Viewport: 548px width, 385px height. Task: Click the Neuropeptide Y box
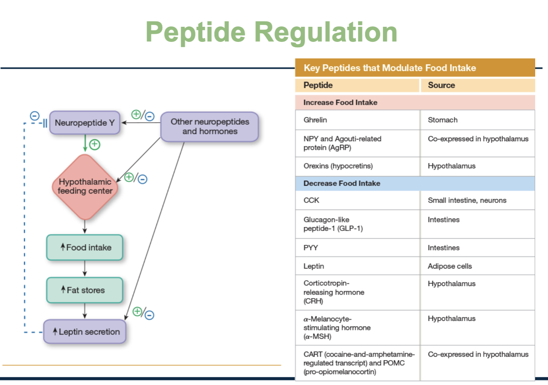tap(85, 123)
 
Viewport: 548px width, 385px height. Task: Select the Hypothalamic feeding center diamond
tap(85, 187)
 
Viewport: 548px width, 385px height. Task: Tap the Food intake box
tap(85, 248)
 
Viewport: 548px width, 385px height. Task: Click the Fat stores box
tap(85, 290)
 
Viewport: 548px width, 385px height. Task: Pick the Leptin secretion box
tap(85, 332)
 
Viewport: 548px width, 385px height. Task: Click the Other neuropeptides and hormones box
tap(210, 127)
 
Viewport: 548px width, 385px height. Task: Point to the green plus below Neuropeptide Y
tap(95, 145)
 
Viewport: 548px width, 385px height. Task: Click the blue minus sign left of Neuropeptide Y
tap(35, 116)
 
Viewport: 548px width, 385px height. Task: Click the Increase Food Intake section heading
tap(340, 102)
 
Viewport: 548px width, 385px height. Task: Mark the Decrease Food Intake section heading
tap(342, 183)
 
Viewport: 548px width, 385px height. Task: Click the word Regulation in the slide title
tap(326, 32)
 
